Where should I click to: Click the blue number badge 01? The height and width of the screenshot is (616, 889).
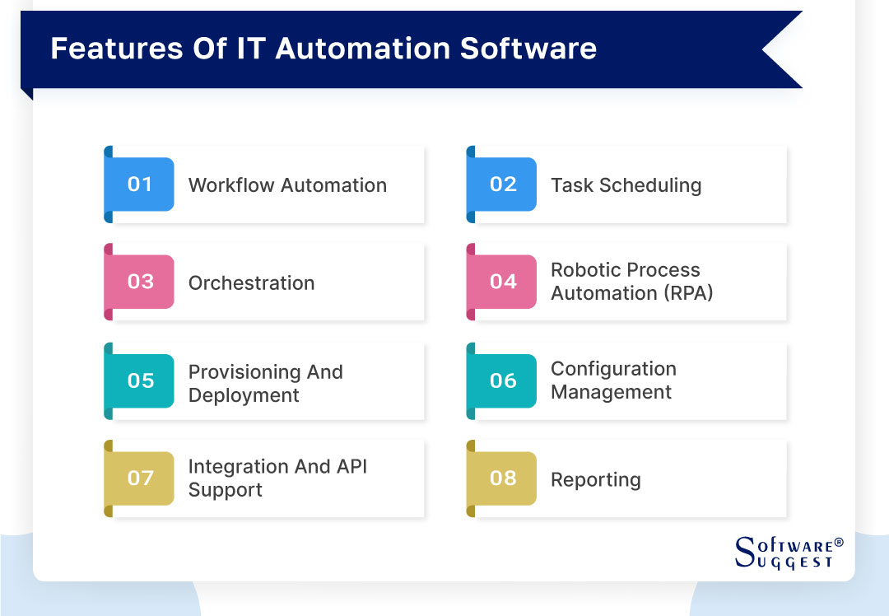click(x=140, y=184)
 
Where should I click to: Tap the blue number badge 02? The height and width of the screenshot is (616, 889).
click(x=502, y=184)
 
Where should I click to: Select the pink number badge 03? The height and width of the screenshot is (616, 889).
click(x=140, y=282)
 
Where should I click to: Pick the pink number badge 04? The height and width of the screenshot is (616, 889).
click(x=502, y=282)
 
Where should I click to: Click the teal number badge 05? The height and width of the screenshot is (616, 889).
click(x=140, y=380)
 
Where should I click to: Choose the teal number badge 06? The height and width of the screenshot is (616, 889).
click(x=502, y=380)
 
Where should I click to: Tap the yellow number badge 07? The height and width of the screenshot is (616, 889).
click(x=140, y=478)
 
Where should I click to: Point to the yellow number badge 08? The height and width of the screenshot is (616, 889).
click(x=502, y=478)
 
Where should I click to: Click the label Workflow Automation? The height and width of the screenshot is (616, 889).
click(x=287, y=185)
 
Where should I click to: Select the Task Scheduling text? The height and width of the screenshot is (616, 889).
click(x=626, y=185)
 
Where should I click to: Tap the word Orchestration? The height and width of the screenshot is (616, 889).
click(x=251, y=283)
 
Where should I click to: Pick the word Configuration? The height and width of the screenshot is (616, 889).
click(x=613, y=369)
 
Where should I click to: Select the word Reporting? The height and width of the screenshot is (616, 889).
click(x=595, y=480)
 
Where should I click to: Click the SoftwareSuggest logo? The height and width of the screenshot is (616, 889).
click(x=782, y=552)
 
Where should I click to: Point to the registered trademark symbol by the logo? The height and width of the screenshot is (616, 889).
click(x=839, y=543)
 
